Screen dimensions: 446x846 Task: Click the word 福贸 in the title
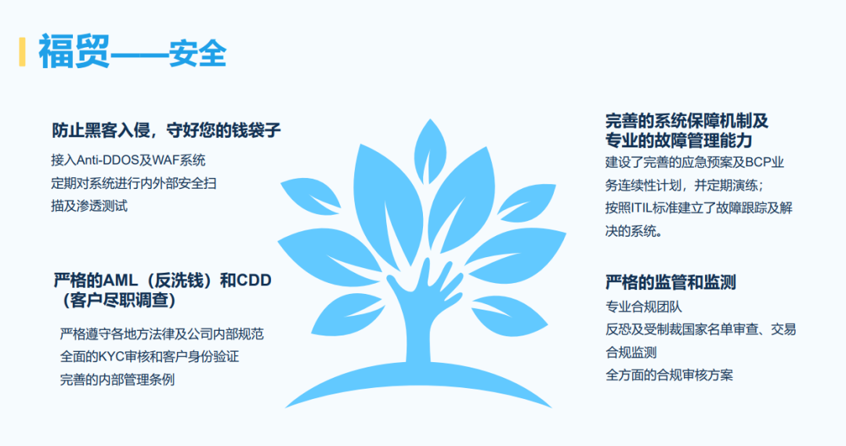[x=74, y=52]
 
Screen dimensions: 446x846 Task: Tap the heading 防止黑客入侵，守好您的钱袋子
[x=166, y=130]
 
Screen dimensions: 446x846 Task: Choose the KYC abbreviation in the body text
[x=113, y=357]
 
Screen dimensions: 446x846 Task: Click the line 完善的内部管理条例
[x=117, y=379]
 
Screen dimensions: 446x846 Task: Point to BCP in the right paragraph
[x=758, y=163]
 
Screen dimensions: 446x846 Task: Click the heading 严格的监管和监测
[x=671, y=282]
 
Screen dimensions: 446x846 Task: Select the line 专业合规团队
[x=643, y=306]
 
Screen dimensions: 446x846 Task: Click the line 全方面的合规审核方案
[x=669, y=375]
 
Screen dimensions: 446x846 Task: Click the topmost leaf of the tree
[x=429, y=143]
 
